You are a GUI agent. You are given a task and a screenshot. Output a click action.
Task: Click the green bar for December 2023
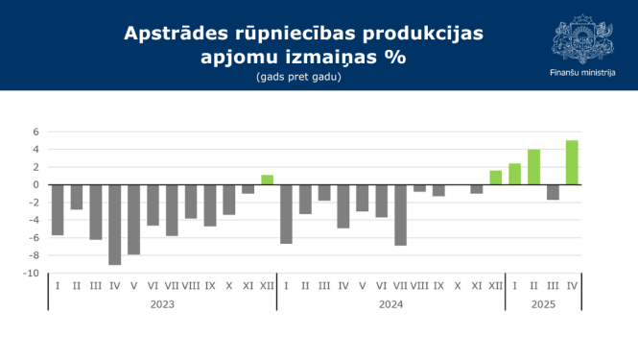click(x=267, y=180)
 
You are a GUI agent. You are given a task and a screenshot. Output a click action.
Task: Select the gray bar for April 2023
click(x=115, y=224)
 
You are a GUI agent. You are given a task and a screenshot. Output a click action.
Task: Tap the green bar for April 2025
click(x=572, y=162)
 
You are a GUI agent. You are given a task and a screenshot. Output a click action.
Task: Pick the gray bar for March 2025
click(x=553, y=192)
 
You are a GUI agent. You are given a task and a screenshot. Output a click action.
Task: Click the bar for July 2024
click(x=400, y=214)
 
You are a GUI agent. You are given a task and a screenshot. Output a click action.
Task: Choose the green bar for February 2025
click(x=533, y=167)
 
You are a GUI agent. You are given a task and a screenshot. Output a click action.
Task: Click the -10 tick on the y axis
click(x=32, y=274)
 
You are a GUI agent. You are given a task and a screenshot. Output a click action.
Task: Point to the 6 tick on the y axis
click(x=35, y=132)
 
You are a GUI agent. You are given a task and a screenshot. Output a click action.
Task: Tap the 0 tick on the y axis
click(x=35, y=184)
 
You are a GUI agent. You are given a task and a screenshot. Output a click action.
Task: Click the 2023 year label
click(x=162, y=304)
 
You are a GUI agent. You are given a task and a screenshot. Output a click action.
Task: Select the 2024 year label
click(x=390, y=304)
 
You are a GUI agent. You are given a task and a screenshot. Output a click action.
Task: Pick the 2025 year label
click(x=543, y=304)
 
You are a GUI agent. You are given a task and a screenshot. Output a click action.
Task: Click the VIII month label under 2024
click(x=419, y=286)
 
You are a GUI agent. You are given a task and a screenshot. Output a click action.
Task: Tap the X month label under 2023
click(x=229, y=286)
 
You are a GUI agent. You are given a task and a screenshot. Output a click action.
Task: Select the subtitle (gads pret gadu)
click(x=298, y=77)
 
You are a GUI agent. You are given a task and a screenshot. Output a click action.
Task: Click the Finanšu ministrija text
click(x=582, y=73)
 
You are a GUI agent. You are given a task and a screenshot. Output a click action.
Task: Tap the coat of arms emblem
click(x=582, y=38)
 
